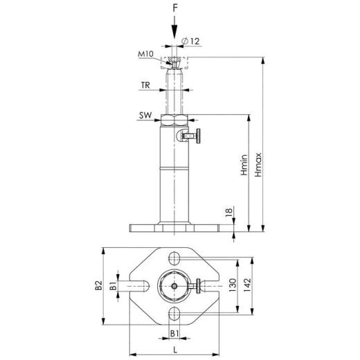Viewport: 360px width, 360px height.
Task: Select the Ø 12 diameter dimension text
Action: coord(193,42)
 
